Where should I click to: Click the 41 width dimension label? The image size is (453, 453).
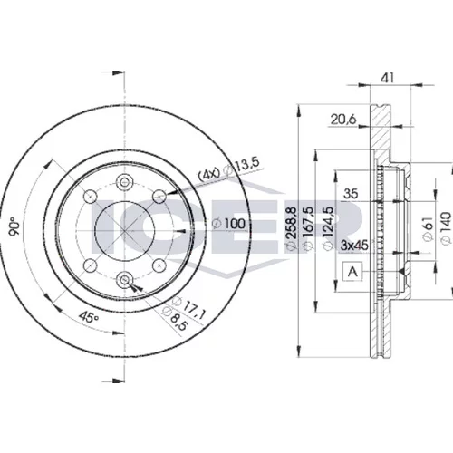[387, 78]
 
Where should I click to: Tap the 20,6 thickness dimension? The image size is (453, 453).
[343, 120]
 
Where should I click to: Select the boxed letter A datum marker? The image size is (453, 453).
[352, 272]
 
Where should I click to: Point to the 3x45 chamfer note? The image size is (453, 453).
[354, 245]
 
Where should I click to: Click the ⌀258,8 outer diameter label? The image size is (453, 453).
[292, 228]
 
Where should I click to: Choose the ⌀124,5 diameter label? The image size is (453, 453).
[328, 228]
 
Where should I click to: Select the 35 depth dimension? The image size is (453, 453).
[351, 194]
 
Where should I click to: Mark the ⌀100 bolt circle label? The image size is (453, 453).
[228, 224]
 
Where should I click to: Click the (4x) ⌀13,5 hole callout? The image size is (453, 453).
[228, 169]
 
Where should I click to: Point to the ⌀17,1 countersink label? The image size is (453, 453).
[188, 307]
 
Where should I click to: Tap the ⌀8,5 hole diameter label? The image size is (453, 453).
[176, 319]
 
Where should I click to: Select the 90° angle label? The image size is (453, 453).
[14, 226]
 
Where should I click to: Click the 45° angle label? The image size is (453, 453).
[89, 317]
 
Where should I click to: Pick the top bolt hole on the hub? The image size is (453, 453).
[124, 182]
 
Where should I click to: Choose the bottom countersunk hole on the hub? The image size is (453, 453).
[124, 280]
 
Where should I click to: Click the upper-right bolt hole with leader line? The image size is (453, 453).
[159, 197]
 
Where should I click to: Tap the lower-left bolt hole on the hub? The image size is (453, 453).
[90, 265]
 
